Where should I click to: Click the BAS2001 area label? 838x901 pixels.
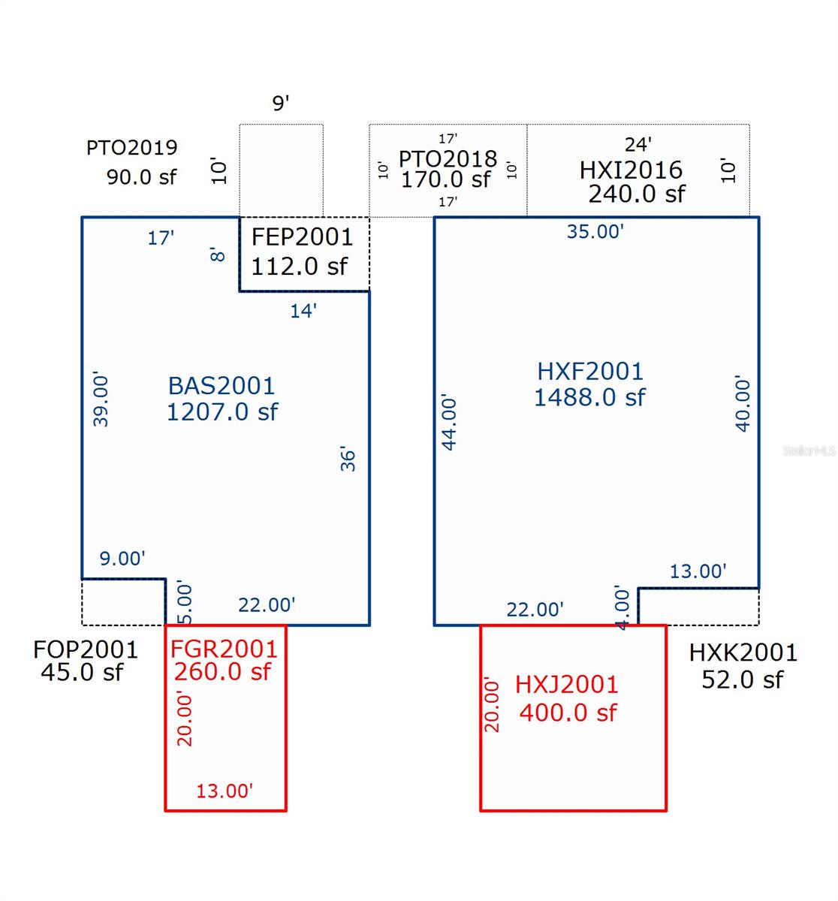click(222, 386)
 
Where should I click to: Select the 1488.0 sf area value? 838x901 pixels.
click(589, 397)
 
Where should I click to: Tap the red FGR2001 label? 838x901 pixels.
click(224, 649)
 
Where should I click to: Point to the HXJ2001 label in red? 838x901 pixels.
click(567, 685)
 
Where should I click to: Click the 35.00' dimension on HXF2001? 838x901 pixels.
click(595, 231)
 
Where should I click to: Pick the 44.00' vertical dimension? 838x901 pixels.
click(450, 422)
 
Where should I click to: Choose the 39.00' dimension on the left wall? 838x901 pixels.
click(101, 399)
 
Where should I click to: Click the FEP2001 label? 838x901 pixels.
click(302, 237)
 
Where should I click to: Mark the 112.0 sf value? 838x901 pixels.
click(299, 267)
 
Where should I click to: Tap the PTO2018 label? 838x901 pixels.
click(448, 158)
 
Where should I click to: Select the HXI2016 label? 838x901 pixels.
click(631, 170)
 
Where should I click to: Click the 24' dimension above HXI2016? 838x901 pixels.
click(638, 144)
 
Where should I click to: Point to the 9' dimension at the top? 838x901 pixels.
click(281, 104)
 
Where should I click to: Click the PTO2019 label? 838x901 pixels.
click(132, 147)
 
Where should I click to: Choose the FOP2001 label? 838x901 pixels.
click(86, 649)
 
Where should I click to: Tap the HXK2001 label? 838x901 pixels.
click(743, 652)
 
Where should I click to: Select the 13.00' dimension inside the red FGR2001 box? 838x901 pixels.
click(225, 791)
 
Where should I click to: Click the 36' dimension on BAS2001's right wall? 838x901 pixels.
click(348, 459)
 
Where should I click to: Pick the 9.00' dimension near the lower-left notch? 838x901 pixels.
click(122, 559)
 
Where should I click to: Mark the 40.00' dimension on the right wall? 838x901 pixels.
click(743, 404)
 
